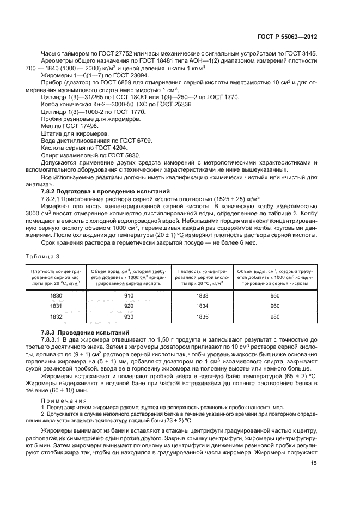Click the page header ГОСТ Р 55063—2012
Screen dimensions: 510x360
[287, 38]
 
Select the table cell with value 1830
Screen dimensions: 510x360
[56, 295]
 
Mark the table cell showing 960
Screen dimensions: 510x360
[274, 306]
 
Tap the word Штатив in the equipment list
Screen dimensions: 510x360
[52, 133]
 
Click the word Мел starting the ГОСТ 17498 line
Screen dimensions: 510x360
[47, 125]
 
